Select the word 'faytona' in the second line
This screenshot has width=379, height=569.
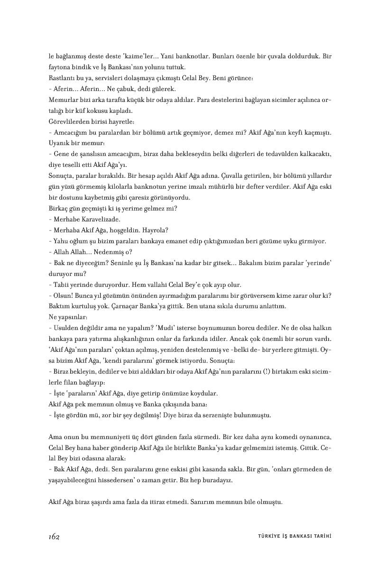tap(60, 67)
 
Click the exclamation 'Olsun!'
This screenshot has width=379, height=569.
tap(63, 295)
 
